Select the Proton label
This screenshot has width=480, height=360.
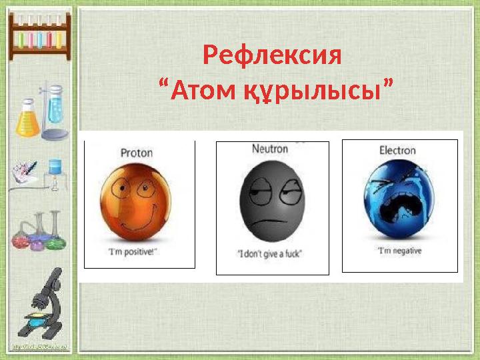point(136,153)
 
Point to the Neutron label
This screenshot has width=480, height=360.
point(270,149)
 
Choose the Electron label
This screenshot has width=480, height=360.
point(397,151)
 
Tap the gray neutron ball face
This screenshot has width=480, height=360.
point(272,203)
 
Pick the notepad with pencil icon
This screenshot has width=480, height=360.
point(24,173)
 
